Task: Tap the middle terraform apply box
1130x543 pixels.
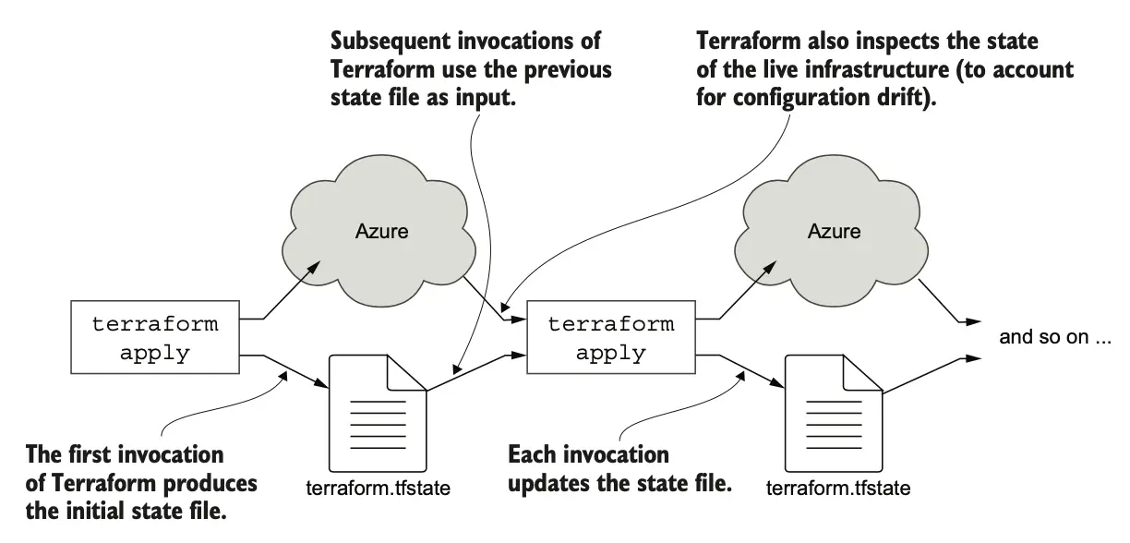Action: tap(611, 337)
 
